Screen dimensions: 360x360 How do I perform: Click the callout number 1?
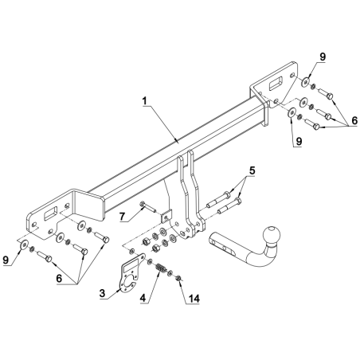pos(145,101)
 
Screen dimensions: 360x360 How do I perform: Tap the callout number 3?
pos(102,293)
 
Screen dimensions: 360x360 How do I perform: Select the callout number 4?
pos(143,298)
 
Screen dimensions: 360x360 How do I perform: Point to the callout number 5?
pos(252,170)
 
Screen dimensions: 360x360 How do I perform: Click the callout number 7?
pos(122,217)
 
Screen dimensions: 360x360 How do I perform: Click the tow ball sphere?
pos(272,234)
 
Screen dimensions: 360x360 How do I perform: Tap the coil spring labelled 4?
pos(160,268)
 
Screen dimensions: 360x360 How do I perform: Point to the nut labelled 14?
pos(178,278)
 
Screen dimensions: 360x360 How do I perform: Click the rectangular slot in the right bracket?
pos(276,83)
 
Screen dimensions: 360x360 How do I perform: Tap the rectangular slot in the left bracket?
pos(50,213)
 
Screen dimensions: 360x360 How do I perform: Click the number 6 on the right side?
pos(354,121)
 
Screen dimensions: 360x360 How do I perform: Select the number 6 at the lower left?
pos(59,278)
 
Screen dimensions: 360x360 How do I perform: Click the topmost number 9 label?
pos(323,57)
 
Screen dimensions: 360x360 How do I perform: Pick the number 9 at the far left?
pos(6,260)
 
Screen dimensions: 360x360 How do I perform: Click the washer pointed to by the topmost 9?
pos(306,81)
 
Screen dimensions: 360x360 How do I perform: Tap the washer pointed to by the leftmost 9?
pos(25,245)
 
